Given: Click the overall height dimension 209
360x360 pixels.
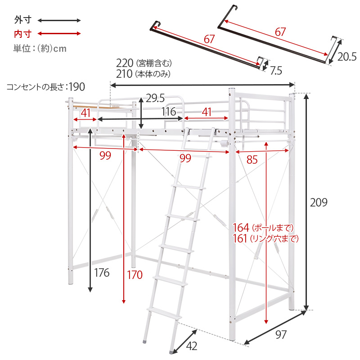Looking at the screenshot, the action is pos(319,202).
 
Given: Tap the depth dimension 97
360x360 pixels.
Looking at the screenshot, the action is pos(281,335).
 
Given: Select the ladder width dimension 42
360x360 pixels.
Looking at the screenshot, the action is pos(192,346).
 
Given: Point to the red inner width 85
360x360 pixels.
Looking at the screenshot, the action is pos(252,160).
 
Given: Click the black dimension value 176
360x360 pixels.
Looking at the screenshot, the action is pos(102,273).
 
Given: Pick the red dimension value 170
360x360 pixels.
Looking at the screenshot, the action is pos(135,275).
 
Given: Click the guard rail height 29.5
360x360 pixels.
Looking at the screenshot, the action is pos(155,98).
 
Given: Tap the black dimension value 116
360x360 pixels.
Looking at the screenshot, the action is pos(169,112).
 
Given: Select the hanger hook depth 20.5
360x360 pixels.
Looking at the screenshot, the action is pos(347,57).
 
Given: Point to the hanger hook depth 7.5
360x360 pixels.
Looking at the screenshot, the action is pos(276,71).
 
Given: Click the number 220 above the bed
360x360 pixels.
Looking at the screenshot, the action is pos(125,63).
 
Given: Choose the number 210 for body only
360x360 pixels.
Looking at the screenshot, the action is pos(124,74).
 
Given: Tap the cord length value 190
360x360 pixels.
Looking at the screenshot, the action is pos(77,87).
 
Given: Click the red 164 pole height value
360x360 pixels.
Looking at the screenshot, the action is pos(241,228).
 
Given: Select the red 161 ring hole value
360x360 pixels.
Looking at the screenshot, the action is pos(240,238).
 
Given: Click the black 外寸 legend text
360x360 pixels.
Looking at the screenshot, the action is pos(23,20).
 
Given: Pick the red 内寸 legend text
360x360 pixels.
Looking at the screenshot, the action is pos(23,34).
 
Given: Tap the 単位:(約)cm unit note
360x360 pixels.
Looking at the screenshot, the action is pos(40,49).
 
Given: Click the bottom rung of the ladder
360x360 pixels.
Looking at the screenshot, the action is pos(164,313).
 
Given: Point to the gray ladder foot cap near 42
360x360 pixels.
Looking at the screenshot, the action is pos(171,352).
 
